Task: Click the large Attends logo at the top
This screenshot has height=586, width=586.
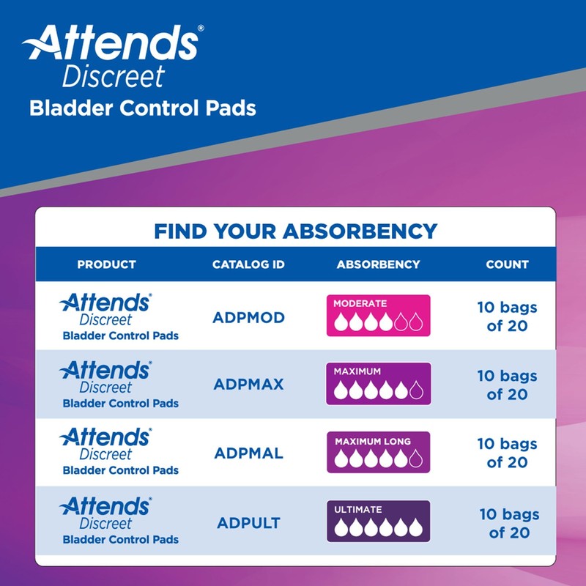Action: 114,44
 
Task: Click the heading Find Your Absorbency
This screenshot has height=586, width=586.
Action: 295,231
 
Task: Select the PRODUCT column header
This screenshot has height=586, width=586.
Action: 107,264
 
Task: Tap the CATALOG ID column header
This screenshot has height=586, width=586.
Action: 248,264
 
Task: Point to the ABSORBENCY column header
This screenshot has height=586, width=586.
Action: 378,264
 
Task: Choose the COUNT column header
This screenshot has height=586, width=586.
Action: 507,264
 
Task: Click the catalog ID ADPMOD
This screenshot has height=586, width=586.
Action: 248,317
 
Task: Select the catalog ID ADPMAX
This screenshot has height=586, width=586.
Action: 248,385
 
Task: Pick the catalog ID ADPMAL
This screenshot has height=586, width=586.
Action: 248,453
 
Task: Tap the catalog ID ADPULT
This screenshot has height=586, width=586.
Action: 248,523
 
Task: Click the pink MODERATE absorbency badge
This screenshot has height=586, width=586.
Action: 378,315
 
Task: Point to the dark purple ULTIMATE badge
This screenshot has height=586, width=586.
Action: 378,521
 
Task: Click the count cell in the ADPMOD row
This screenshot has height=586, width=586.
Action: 507,316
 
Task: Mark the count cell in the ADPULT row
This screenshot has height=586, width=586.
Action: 508,523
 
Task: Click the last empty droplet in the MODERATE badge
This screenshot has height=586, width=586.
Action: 415,322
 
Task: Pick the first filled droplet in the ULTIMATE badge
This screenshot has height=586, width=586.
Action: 340,528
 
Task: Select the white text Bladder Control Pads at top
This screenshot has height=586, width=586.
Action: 143,108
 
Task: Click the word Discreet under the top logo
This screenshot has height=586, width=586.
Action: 114,76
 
